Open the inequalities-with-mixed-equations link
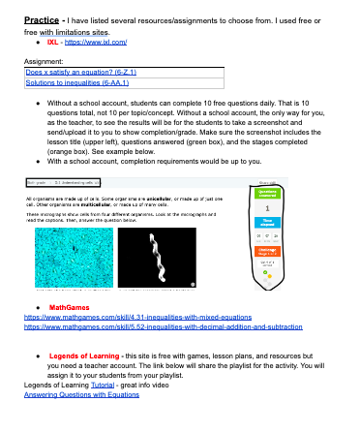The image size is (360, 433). pos(133,317)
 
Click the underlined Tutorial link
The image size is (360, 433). pos(112,386)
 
